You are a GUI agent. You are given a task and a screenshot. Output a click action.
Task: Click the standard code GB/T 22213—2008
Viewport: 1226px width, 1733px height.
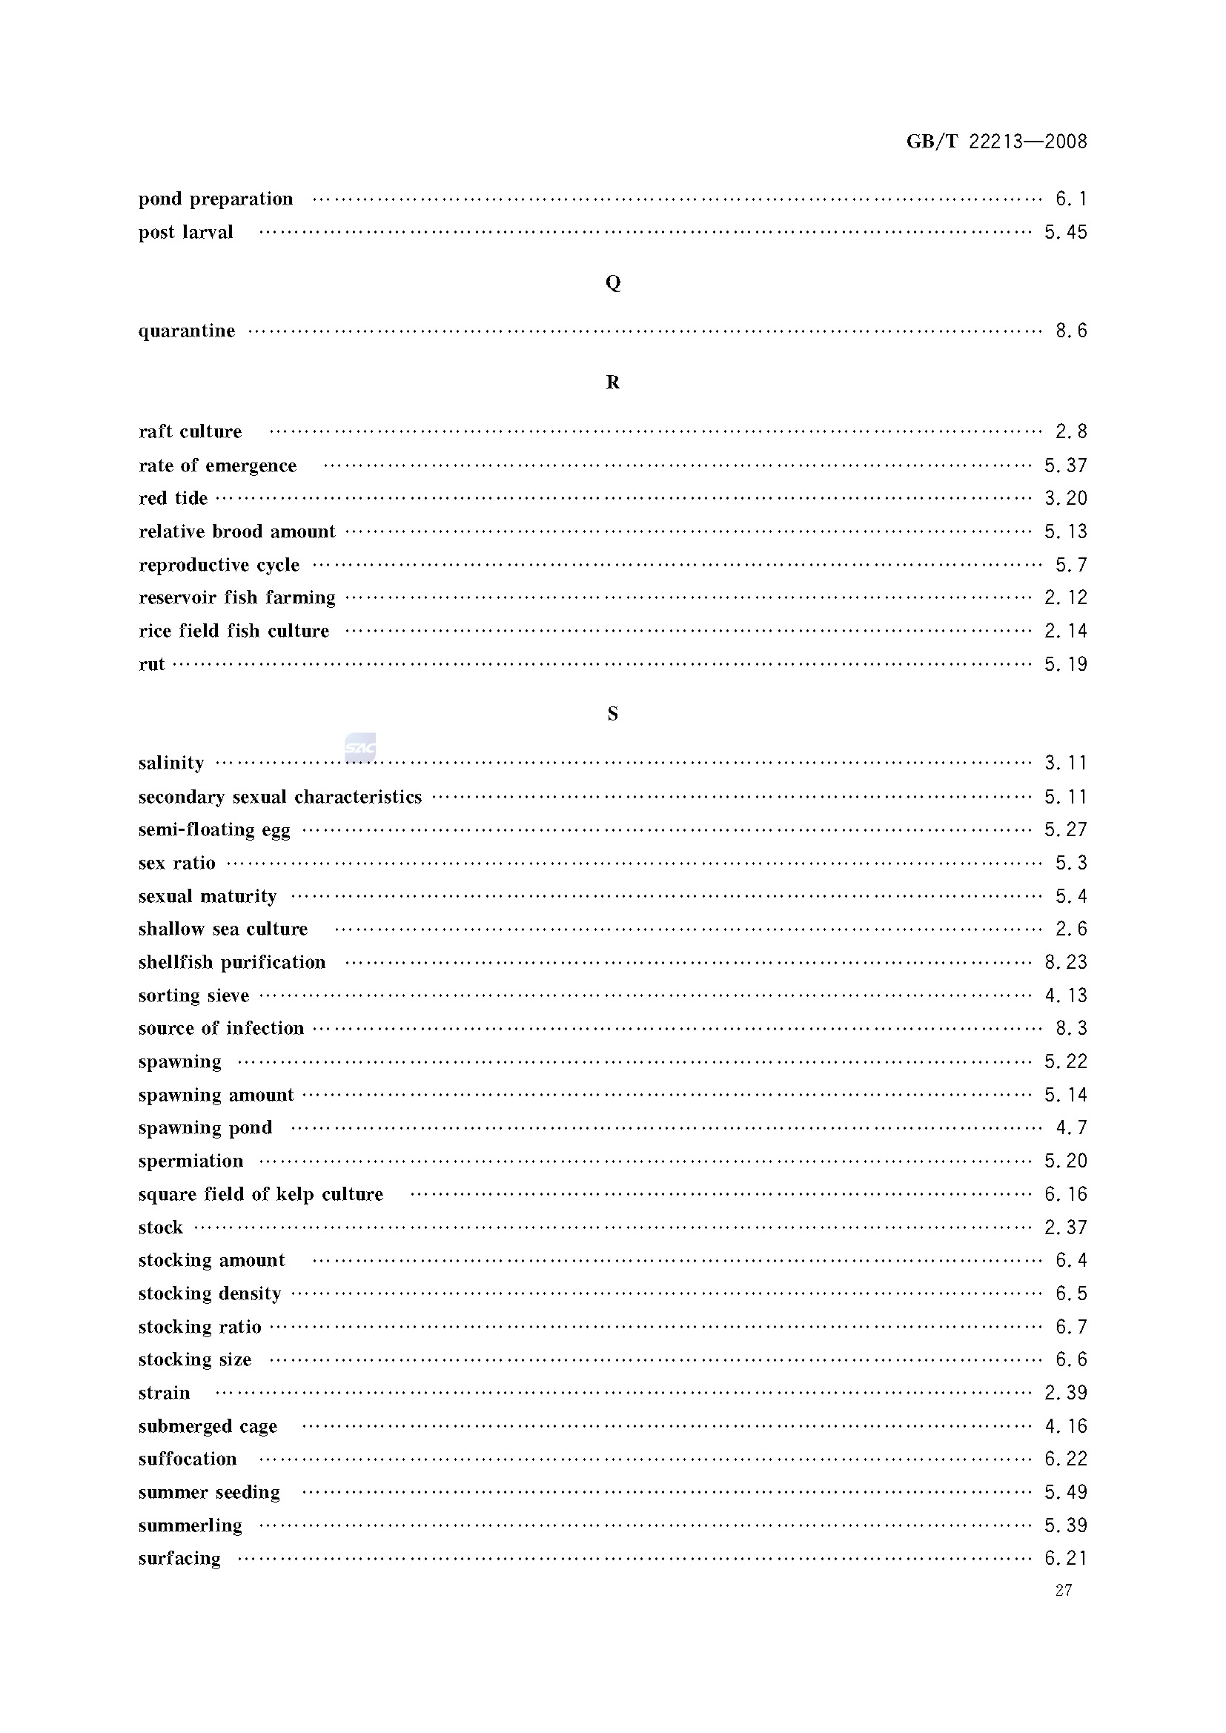click(x=995, y=141)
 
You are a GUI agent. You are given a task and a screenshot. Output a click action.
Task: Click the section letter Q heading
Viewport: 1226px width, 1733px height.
click(x=613, y=282)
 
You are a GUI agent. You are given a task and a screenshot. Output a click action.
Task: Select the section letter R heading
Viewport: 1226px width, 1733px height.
click(x=613, y=382)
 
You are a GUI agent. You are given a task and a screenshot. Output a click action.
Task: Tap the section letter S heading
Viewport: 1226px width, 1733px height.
click(x=613, y=713)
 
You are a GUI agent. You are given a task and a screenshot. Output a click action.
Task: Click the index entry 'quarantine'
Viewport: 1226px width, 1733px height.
click(x=187, y=331)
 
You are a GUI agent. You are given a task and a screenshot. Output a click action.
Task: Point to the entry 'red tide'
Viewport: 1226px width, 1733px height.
click(x=173, y=498)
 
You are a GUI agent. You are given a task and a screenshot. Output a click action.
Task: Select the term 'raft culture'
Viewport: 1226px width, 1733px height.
click(x=190, y=431)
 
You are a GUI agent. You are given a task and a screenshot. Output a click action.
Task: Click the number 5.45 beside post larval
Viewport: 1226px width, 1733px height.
click(x=1065, y=233)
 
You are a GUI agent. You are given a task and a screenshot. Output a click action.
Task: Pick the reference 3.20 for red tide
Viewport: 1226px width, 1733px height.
click(x=1065, y=498)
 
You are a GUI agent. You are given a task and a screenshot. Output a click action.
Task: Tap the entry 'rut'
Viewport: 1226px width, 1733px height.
click(x=152, y=664)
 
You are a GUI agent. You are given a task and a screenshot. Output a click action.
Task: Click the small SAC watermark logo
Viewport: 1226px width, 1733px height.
click(x=360, y=747)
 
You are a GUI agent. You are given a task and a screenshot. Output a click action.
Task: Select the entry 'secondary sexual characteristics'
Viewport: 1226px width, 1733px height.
click(x=280, y=797)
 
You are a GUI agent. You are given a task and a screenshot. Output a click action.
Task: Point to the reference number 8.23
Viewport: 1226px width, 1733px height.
click(x=1065, y=962)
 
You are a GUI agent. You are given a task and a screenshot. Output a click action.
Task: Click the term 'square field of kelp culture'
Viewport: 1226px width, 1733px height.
click(x=260, y=1194)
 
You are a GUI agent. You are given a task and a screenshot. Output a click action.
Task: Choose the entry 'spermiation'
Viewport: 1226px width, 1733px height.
click(x=191, y=1161)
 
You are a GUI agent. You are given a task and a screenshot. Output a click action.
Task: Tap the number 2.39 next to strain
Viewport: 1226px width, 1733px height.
click(x=1065, y=1393)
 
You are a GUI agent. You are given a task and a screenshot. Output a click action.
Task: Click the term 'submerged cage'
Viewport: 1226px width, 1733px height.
click(x=208, y=1426)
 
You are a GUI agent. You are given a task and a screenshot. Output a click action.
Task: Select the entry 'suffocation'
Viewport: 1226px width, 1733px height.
click(x=188, y=1459)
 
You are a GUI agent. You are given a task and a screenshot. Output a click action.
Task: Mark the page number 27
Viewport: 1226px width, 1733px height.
click(x=1064, y=1591)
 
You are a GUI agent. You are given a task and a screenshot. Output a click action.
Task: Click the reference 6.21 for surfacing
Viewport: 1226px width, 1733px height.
click(x=1065, y=1558)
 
